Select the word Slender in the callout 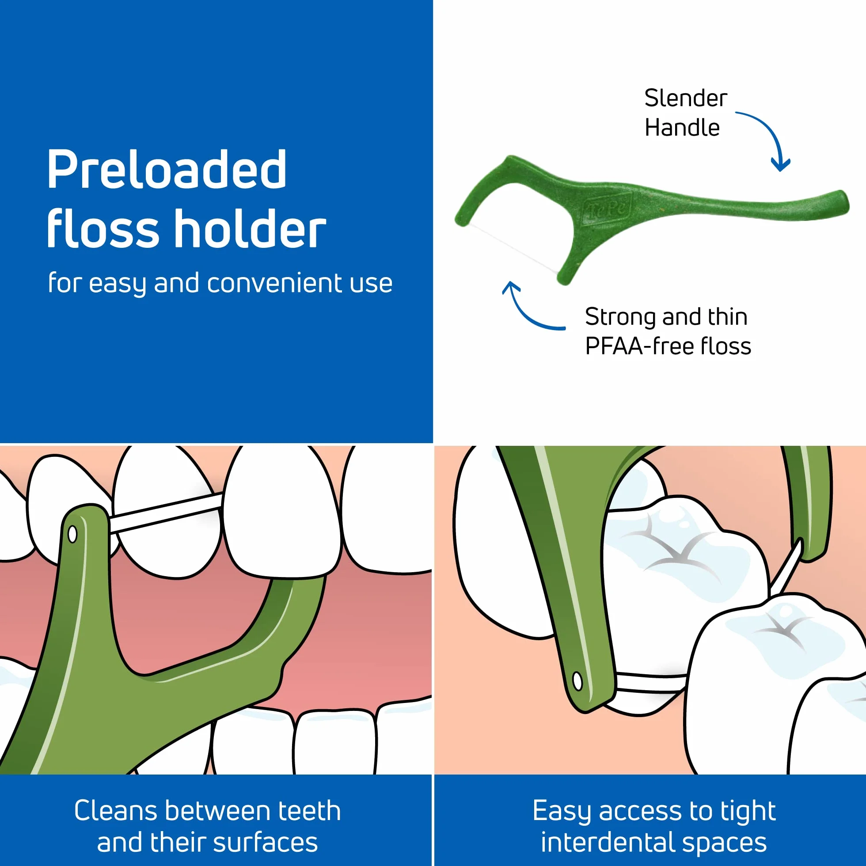[x=686, y=98]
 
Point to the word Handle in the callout [x=682, y=127]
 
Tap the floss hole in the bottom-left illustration [x=72, y=534]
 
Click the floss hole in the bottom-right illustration [x=577, y=681]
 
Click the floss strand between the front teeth [x=166, y=513]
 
